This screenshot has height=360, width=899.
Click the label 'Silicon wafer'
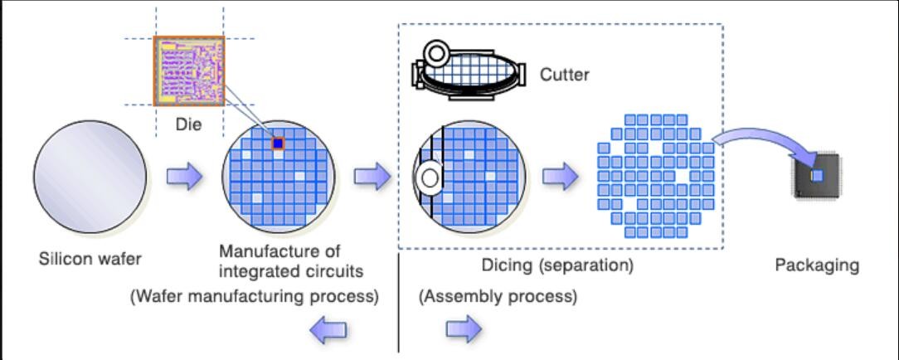point(90,258)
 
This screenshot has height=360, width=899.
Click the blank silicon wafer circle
point(91,180)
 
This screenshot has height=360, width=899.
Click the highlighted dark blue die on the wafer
point(279,144)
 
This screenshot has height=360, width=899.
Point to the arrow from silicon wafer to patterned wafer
point(184,178)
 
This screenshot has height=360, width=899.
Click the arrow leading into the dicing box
point(372,177)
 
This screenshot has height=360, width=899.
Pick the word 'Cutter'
point(565,75)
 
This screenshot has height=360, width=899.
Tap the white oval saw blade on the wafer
point(430,178)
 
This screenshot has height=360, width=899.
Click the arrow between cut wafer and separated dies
point(560,177)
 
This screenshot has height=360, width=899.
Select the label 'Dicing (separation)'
point(557,266)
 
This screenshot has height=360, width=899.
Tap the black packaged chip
point(816,176)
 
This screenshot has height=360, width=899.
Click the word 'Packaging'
point(817,266)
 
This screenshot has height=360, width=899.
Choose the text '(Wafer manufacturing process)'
point(255,295)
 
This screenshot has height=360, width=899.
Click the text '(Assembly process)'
point(498,295)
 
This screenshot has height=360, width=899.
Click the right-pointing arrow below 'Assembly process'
point(464,329)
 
